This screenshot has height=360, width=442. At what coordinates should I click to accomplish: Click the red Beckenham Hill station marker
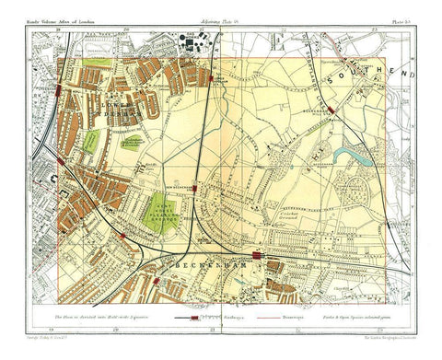331,108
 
